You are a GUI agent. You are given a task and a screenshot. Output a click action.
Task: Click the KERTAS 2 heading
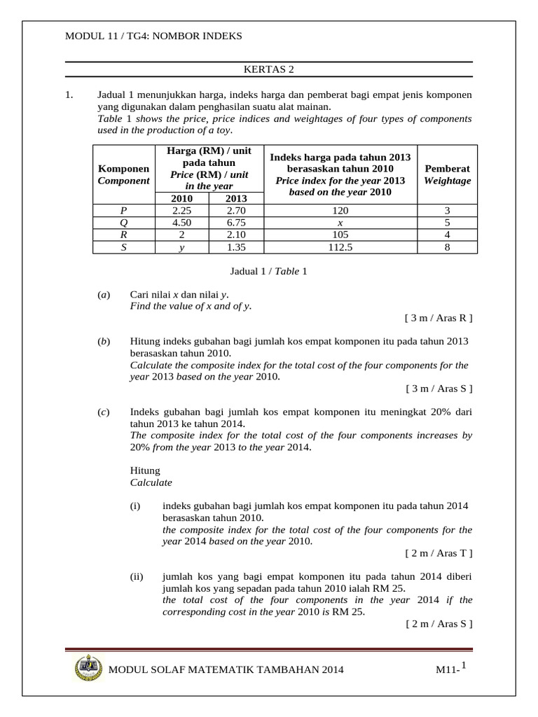coord(269,69)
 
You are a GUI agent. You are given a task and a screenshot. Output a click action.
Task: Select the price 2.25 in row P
coord(186,210)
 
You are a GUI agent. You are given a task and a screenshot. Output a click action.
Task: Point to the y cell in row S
coord(186,247)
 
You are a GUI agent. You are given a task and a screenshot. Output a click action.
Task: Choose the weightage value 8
coord(447,247)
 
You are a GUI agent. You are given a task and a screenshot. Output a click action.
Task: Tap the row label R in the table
coord(123,235)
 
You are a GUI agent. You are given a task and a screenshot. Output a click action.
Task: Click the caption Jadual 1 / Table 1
coord(269,271)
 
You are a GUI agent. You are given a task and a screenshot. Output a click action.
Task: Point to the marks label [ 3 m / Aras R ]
coord(439,318)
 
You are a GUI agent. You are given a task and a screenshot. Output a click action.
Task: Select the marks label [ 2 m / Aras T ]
coord(439,553)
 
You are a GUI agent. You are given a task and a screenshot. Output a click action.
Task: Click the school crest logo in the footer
coord(85,668)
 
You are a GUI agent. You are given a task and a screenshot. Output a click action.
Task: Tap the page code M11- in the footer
coord(446,671)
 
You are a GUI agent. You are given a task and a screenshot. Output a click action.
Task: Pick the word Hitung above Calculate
coord(145,471)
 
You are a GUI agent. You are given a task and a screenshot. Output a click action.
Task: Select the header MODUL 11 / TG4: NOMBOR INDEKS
coord(153,36)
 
